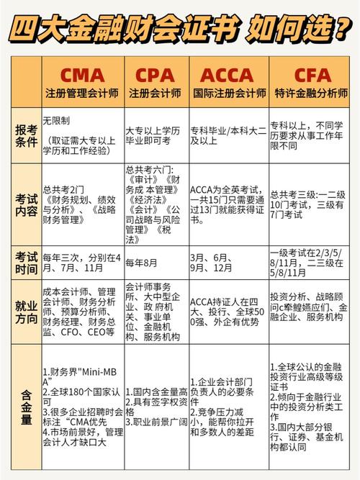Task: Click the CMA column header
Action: click(82, 75)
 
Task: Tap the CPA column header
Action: click(156, 75)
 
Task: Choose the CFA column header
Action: click(311, 75)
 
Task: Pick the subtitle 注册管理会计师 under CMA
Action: click(82, 93)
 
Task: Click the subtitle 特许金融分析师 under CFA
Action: click(311, 93)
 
